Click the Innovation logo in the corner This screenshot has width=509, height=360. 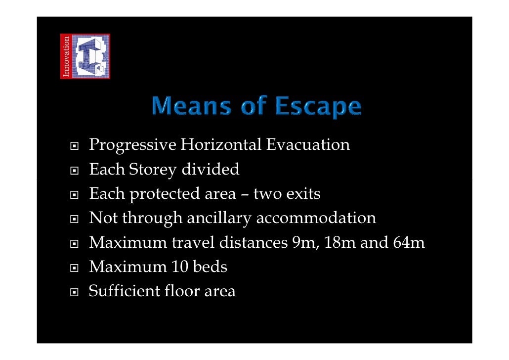[x=85, y=56]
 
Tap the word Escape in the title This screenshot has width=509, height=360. [x=318, y=108]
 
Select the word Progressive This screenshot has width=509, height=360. [x=132, y=146]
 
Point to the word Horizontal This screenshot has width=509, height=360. [x=221, y=145]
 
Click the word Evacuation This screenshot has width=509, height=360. [x=308, y=145]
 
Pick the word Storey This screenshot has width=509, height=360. [x=153, y=171]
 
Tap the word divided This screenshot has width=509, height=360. [x=211, y=170]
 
